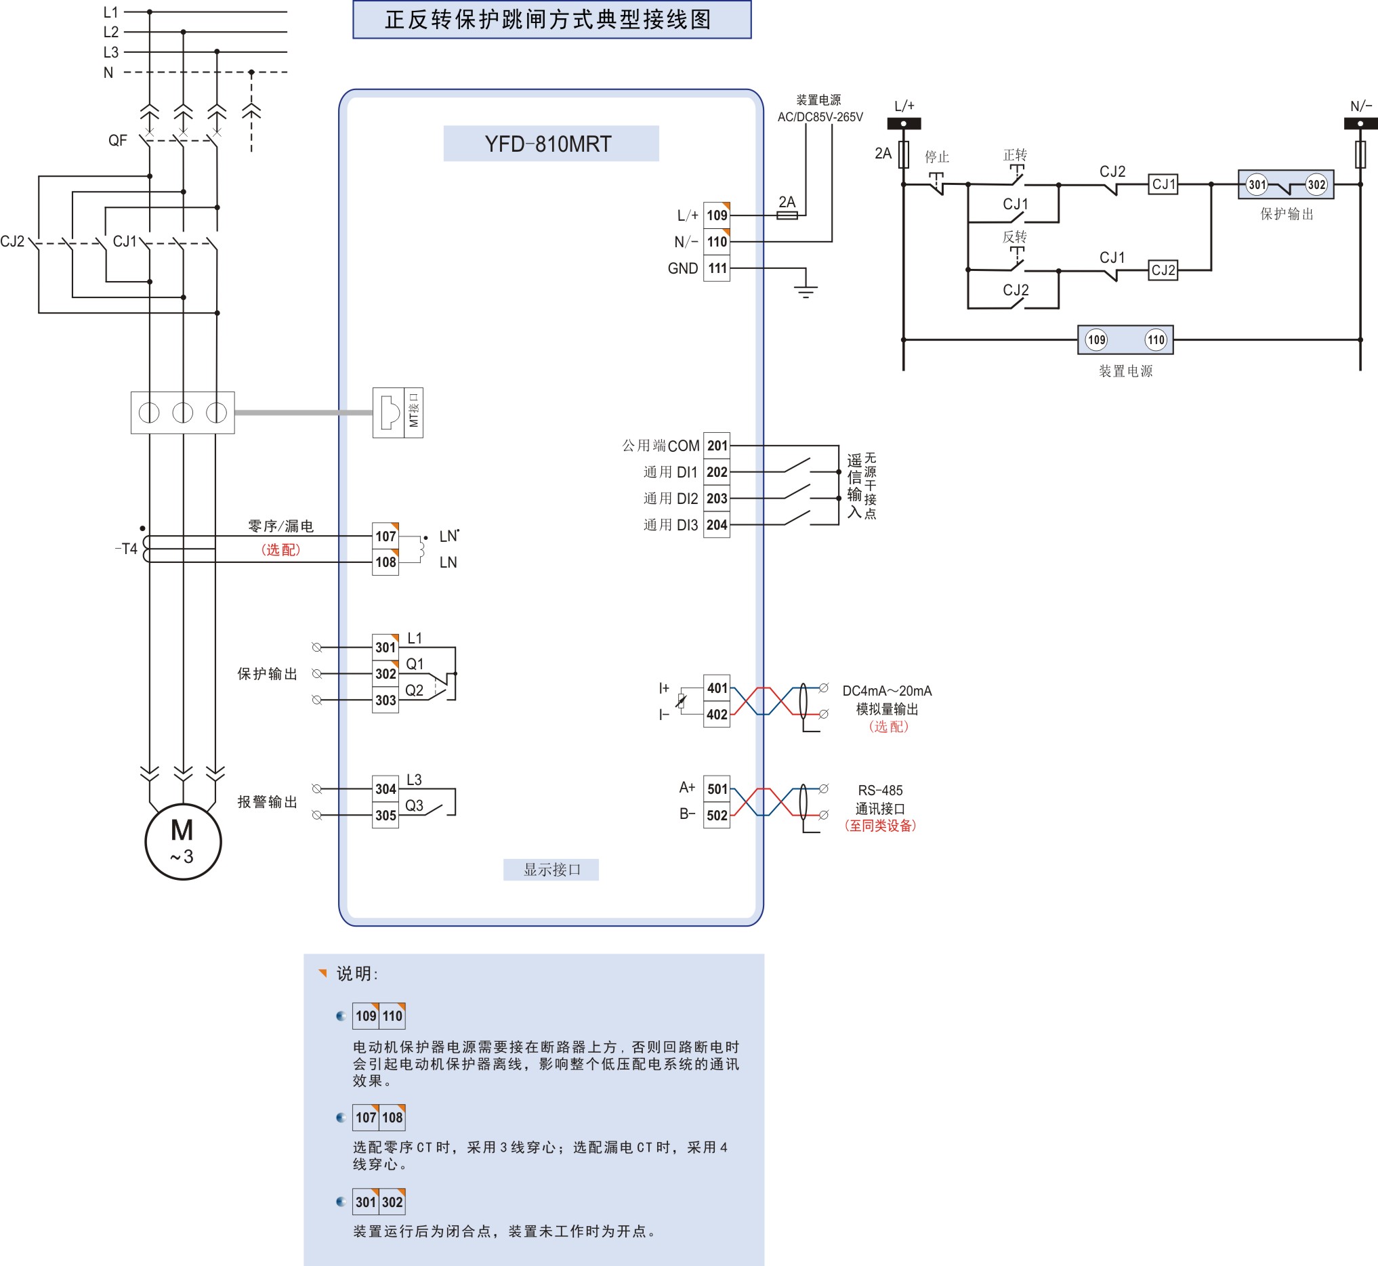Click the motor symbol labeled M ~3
tap(183, 841)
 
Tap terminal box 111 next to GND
tap(717, 268)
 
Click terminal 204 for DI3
tap(717, 525)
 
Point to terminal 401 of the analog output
tap(717, 688)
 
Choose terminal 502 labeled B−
tap(717, 816)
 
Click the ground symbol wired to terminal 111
tap(806, 291)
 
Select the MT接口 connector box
tap(398, 413)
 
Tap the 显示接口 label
tap(551, 869)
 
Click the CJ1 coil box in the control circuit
tap(1163, 184)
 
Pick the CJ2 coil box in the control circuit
tap(1163, 270)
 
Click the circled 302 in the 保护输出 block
tap(1316, 184)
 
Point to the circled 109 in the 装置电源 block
tap(1096, 340)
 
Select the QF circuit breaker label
tap(117, 140)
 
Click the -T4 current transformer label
tap(126, 549)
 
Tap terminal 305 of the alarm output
tap(385, 816)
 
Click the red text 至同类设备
tap(880, 826)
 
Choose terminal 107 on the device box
tap(385, 536)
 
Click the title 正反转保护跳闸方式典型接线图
tap(551, 19)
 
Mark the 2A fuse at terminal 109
tap(787, 215)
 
